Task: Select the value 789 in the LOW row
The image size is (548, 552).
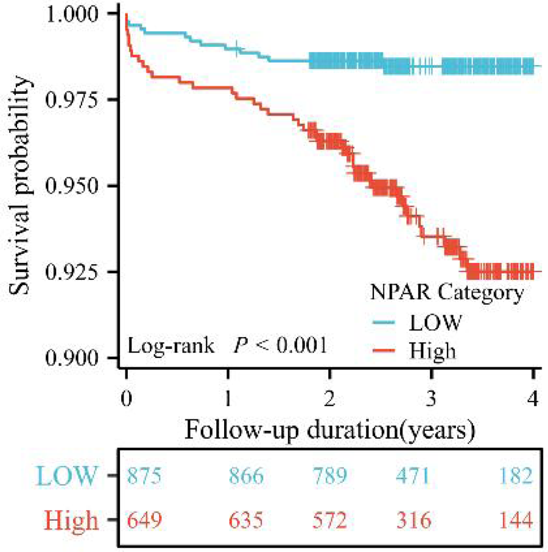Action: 329,477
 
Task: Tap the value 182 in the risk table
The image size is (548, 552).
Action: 516,477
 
